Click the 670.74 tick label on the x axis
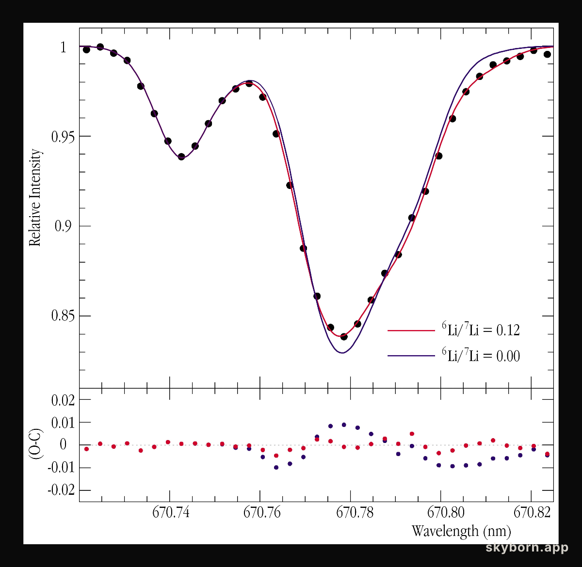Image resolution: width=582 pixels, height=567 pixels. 171,512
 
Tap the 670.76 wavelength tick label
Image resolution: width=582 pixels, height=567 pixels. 262,512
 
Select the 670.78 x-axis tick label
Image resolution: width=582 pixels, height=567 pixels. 355,512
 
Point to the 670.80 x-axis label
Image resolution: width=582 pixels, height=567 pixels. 446,512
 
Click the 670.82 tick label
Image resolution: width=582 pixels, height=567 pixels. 532,512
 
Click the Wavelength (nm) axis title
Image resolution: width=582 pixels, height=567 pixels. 461,531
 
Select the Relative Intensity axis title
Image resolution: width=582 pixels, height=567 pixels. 35,198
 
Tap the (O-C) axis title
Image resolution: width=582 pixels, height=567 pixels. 35,444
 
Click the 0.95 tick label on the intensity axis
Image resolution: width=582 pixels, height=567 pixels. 63,137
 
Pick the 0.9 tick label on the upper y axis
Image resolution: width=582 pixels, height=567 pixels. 63,226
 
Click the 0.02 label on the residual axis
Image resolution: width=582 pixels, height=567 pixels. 63,400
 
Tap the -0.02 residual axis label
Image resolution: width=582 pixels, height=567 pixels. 61,490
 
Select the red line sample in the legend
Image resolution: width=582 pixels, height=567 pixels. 411,331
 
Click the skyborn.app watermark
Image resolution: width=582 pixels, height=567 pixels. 527,548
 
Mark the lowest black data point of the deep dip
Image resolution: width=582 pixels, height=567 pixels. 344,336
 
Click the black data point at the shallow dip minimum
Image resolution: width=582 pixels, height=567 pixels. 181,157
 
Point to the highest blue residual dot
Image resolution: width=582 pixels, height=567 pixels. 344,425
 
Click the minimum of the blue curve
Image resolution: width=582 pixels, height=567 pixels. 342,353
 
